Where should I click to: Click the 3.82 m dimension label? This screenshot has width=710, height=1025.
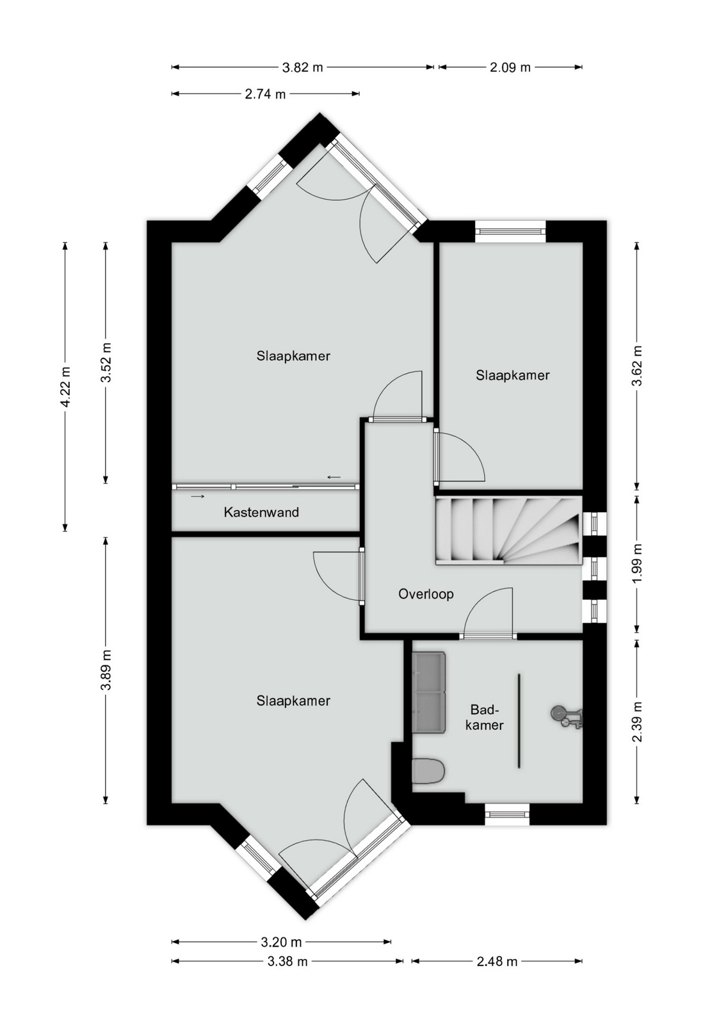coord(302,68)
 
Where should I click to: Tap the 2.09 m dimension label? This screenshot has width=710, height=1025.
coord(510,68)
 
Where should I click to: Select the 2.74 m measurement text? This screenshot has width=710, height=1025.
coord(265,94)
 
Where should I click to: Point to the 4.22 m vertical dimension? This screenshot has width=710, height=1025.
coord(66,387)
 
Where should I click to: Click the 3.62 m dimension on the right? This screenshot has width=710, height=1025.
coord(637,366)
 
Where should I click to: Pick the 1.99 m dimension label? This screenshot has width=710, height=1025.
coord(637,564)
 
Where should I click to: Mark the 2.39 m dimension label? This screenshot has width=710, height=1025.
coord(637,722)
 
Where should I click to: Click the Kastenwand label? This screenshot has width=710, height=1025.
coord(261,512)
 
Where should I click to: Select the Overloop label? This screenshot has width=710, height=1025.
coord(426,594)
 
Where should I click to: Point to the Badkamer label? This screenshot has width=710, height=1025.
coord(485,718)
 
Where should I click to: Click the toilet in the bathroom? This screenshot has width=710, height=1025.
coord(428,771)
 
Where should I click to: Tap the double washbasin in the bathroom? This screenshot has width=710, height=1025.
coord(429,692)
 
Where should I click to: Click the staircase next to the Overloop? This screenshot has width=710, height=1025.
coord(508,530)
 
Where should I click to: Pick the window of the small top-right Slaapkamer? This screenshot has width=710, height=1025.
coord(510,232)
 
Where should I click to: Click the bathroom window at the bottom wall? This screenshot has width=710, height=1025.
coord(507,814)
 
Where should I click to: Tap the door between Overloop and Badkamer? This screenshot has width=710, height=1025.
coord(488,636)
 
